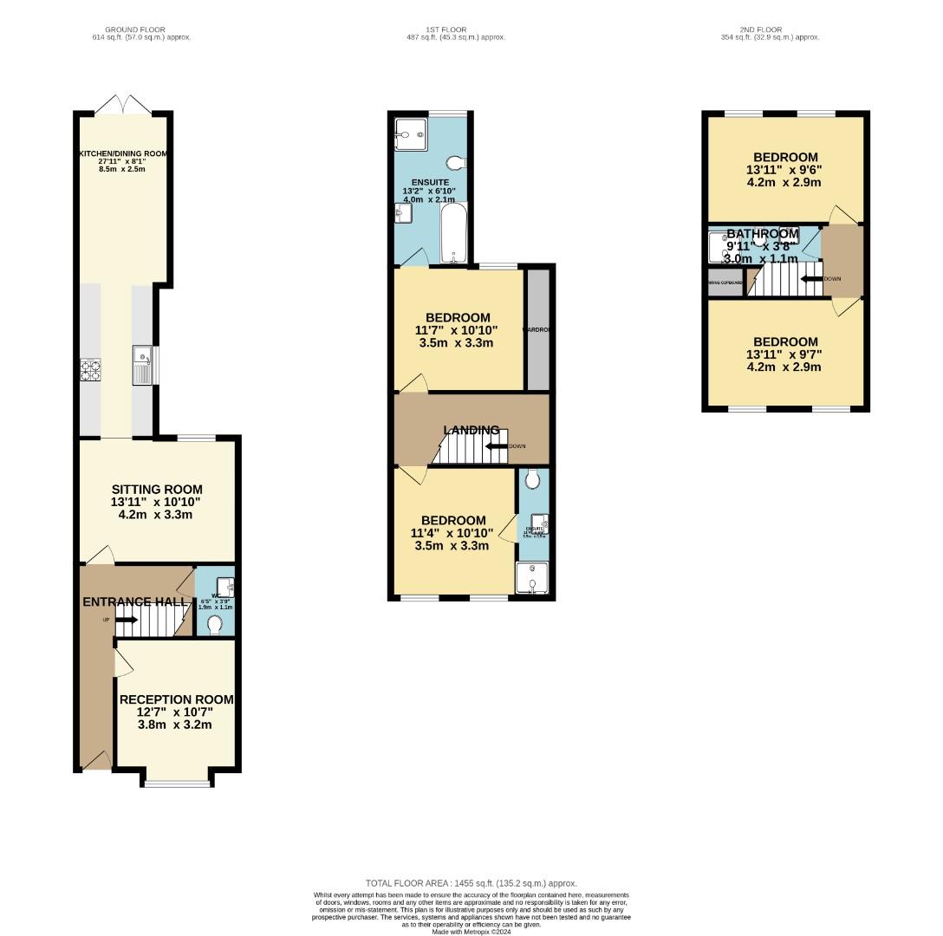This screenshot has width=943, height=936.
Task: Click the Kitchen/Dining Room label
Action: point(122,153)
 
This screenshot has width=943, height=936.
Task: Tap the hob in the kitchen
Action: point(90,370)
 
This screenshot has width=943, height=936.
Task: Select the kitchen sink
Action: point(142,365)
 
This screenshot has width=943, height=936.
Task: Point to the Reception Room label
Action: point(176,699)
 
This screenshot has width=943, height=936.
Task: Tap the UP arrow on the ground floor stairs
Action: point(125,620)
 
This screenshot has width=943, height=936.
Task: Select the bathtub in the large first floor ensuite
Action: point(453,232)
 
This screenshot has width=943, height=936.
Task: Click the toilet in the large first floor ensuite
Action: point(455,163)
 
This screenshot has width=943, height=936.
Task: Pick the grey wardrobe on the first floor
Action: point(537,330)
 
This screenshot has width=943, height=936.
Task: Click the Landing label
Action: point(471,430)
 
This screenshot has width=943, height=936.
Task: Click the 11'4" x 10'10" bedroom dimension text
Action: point(452,533)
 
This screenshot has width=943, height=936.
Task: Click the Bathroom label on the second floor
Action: point(761,234)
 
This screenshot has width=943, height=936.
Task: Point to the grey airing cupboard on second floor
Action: point(725,283)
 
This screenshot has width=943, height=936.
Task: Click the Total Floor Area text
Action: point(471,883)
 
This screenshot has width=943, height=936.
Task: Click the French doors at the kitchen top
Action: point(122,105)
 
